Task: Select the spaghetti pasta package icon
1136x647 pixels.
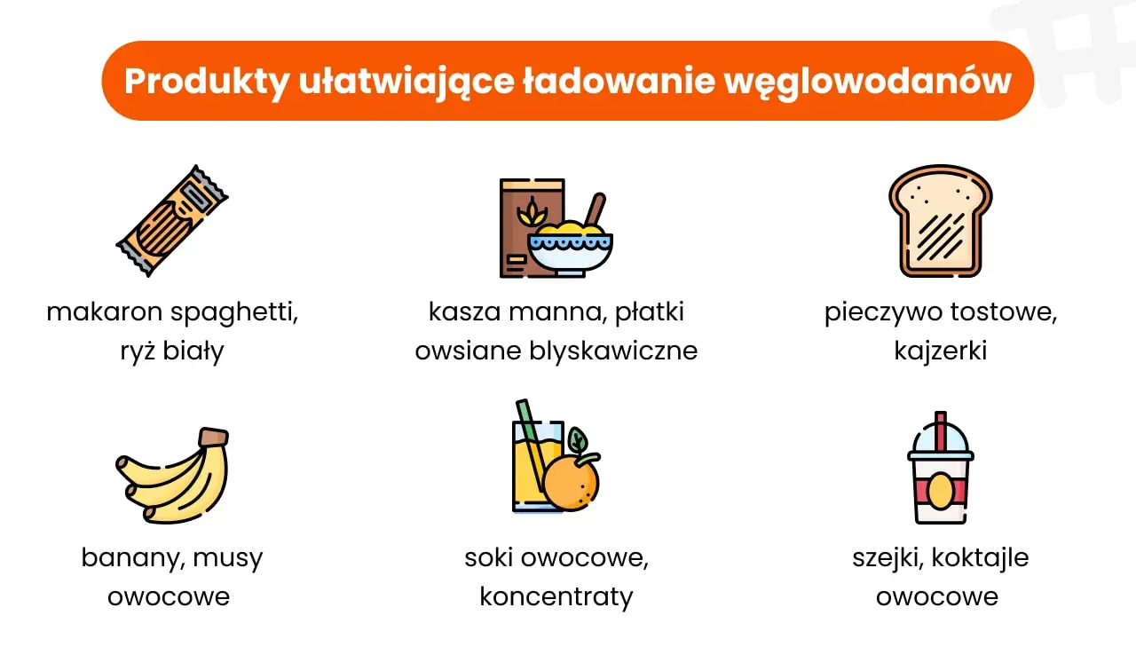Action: (172, 221)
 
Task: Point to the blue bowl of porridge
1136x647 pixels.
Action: (570, 249)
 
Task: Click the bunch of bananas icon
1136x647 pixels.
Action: (173, 476)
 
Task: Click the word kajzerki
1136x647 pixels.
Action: (940, 351)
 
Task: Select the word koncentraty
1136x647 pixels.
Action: (556, 596)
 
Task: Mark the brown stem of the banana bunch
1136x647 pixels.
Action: (213, 437)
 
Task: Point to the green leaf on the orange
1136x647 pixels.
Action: (578, 440)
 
